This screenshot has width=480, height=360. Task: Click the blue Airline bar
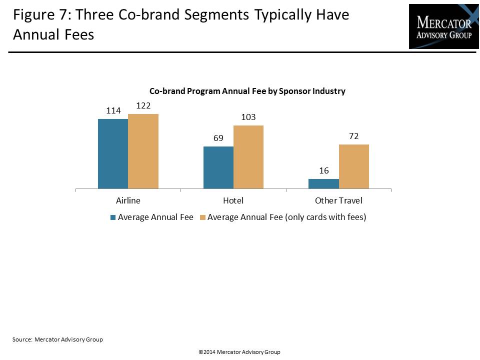113,154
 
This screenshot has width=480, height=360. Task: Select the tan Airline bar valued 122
143,151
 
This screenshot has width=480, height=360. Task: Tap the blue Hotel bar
218,167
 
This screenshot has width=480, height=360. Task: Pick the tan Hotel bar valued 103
248,157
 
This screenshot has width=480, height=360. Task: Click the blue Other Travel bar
323,183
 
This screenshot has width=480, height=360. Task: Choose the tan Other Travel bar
354,166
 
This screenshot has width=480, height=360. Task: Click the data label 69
218,138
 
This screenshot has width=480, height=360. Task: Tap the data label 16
324,171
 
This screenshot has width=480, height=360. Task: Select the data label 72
354,136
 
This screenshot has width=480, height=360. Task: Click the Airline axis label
128,201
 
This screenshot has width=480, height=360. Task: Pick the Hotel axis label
233,201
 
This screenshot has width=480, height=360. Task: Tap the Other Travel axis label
338,201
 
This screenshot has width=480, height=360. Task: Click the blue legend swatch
113,217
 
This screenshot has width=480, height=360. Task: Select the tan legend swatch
202,217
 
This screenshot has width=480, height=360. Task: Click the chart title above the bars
247,91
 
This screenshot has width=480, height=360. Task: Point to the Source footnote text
57,339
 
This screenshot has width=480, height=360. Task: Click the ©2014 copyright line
239,352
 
